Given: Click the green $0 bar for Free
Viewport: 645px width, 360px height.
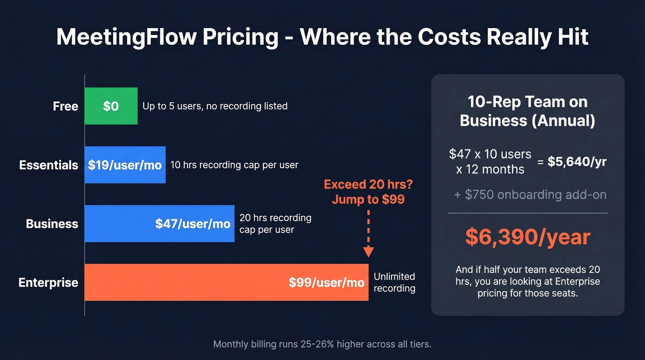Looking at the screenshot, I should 111,106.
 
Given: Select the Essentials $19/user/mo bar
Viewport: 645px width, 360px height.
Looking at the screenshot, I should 125,165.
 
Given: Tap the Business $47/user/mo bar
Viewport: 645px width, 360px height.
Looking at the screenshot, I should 159,224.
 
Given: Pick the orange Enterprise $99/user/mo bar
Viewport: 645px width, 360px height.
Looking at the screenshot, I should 226,282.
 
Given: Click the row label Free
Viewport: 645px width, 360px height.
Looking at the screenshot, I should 65,106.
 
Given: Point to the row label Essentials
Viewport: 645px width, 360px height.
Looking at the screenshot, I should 49,165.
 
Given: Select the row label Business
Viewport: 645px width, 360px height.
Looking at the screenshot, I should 52,224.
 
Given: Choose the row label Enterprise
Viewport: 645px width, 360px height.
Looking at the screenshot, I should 48,283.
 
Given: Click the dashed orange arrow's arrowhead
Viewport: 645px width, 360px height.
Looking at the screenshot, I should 368,252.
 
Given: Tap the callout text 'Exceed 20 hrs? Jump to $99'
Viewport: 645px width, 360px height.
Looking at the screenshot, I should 368,192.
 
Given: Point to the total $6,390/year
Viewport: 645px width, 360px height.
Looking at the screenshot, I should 528,237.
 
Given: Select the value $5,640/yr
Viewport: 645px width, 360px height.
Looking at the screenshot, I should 577,161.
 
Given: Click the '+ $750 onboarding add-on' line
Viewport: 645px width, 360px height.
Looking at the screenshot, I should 530,195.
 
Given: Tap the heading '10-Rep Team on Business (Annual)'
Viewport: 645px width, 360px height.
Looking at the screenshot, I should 528,111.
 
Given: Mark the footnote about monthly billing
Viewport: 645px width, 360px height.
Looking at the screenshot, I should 322,344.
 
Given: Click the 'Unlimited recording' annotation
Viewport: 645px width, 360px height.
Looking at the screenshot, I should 394,282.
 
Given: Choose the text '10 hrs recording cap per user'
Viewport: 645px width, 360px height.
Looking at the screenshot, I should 234,165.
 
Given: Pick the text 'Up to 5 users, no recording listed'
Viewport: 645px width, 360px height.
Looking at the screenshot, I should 215,106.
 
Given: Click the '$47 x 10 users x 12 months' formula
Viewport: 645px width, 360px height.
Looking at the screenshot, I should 490,161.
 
